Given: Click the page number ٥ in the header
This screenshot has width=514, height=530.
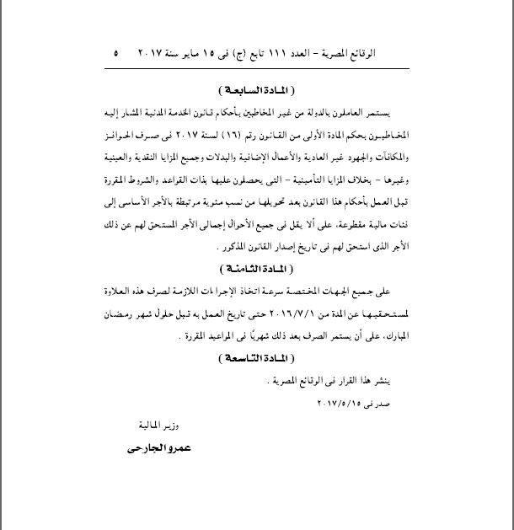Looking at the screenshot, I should [115, 53].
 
